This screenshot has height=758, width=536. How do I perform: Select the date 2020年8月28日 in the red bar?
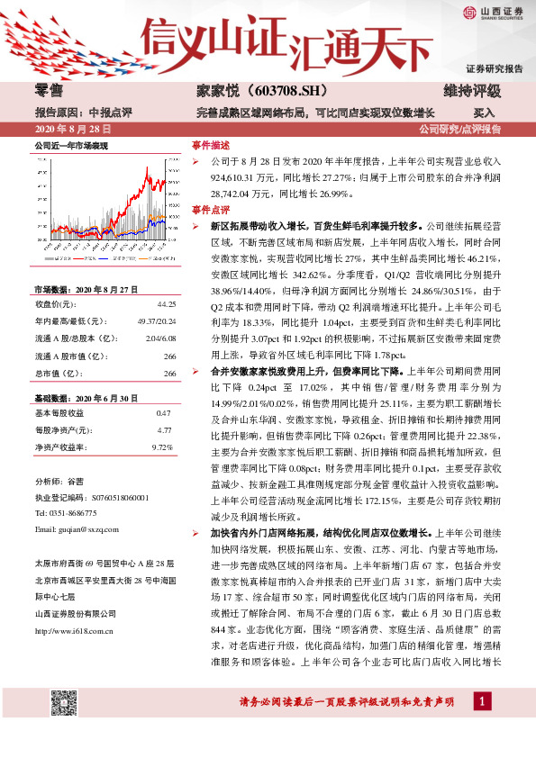pyautogui.click(x=67, y=130)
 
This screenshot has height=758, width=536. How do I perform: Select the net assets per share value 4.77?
pyautogui.click(x=164, y=430)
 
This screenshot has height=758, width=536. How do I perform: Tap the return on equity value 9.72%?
pyautogui.click(x=162, y=447)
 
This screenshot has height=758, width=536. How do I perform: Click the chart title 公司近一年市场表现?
pyautogui.click(x=71, y=145)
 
